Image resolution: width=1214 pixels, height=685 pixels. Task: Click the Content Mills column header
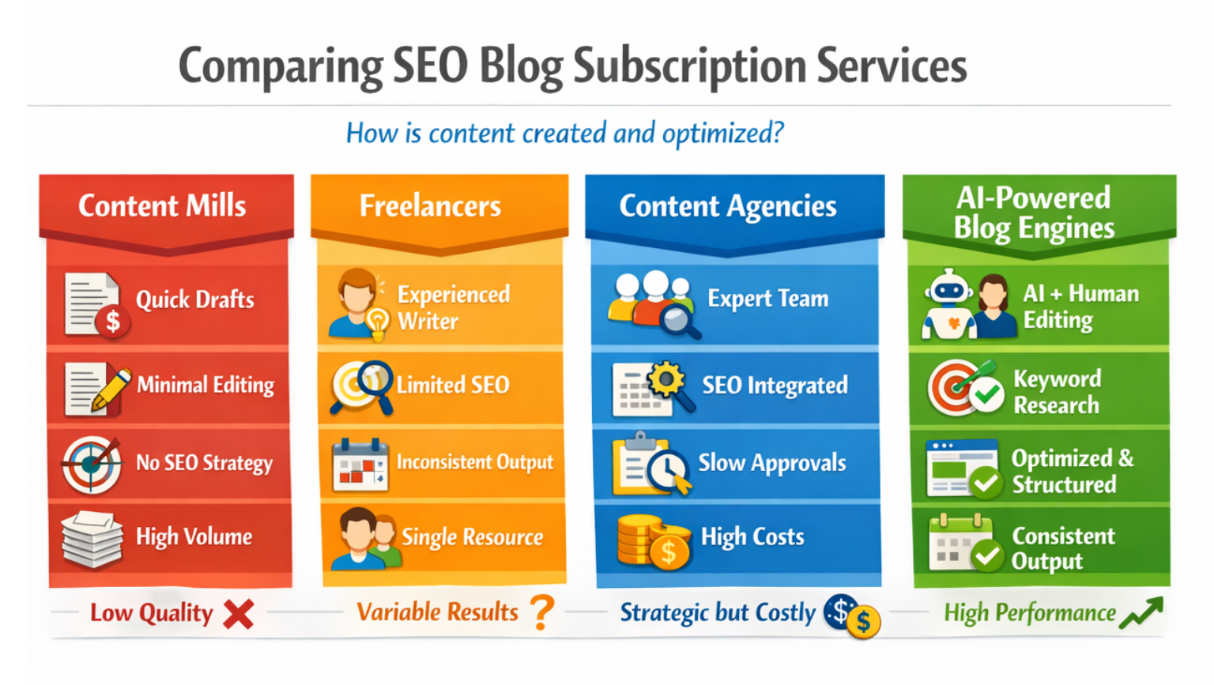162,206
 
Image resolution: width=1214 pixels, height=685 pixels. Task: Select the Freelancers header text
430,206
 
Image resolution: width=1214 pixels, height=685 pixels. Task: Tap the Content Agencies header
727,206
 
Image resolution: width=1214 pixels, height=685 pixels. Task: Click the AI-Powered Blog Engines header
1034,213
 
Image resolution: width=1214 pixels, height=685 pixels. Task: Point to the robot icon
948,304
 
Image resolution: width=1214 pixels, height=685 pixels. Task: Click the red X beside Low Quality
238,614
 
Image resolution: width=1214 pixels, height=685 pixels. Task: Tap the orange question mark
542,612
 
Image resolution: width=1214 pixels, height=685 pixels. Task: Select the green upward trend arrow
1141,613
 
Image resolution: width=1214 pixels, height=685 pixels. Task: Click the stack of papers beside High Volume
92,539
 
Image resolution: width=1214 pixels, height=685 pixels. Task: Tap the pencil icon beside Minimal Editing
109,390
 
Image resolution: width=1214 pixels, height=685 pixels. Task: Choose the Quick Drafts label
195,300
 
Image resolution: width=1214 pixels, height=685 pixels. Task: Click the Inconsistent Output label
474,462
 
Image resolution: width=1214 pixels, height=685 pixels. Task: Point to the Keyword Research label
1057,392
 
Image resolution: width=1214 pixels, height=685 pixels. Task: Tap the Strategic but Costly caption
717,613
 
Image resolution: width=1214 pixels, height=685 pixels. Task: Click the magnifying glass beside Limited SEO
363,386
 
